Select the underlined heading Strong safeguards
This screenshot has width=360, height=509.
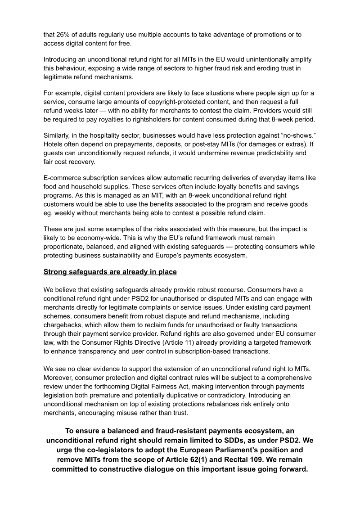(110, 272)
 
